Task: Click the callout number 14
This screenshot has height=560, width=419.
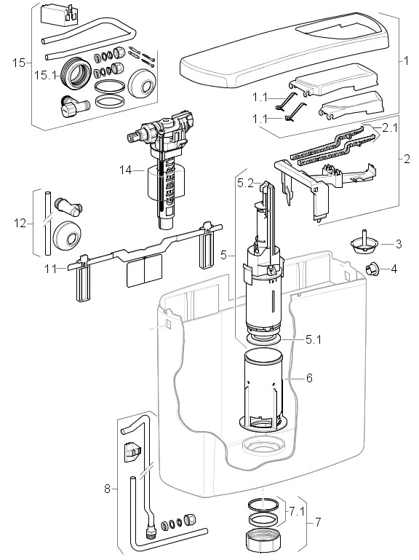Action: [125, 170]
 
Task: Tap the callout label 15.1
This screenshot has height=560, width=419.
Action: [45, 75]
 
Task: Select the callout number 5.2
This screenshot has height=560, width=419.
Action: [245, 184]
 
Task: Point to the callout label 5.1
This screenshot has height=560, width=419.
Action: [314, 339]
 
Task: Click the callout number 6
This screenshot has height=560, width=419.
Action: [309, 377]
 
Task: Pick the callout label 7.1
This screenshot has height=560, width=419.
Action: [296, 512]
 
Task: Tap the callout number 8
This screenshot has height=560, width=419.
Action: [107, 489]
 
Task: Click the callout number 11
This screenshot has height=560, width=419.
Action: [50, 269]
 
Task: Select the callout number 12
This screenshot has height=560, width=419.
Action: [20, 224]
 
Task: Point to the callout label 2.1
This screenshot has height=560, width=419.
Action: [389, 128]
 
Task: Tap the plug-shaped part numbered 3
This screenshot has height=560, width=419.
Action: [363, 242]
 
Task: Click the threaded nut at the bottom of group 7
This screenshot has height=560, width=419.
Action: [261, 540]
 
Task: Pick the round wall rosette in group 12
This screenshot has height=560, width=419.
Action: [67, 236]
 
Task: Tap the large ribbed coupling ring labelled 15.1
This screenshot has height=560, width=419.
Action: [76, 73]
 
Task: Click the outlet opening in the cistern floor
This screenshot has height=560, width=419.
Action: [263, 445]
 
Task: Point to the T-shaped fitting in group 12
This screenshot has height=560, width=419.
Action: [68, 207]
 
